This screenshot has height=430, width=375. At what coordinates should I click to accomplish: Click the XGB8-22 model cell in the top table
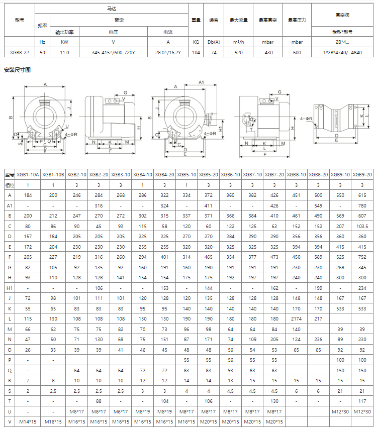tap(20, 52)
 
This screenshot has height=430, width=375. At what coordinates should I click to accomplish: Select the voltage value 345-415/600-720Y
tap(113, 52)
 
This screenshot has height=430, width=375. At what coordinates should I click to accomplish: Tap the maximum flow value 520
tap(238, 52)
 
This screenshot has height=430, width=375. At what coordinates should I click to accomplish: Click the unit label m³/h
tap(238, 42)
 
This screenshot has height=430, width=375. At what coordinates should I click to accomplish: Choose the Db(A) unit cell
tap(213, 42)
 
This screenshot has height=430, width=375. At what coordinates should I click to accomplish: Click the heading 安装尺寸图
tap(17, 69)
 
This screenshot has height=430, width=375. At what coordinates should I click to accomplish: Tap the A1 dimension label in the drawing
tap(201, 81)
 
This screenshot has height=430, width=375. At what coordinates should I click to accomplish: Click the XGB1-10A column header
tap(28, 174)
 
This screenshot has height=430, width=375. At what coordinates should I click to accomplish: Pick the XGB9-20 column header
tap(362, 174)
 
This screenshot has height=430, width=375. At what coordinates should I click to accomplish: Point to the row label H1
tap(10, 288)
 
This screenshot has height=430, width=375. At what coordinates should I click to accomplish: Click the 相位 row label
tap(10, 185)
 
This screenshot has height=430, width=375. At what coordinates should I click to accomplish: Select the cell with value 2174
tap(296, 318)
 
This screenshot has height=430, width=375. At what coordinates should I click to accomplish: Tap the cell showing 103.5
tap(362, 227)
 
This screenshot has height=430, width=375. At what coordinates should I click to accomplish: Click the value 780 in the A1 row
tap(362, 205)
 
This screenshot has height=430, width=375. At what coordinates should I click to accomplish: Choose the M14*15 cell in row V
tap(28, 420)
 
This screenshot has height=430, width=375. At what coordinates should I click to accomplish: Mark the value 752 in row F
tap(362, 257)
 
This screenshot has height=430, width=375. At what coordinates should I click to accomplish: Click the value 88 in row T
tap(99, 400)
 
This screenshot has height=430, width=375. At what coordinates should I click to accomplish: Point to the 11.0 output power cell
tap(64, 52)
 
